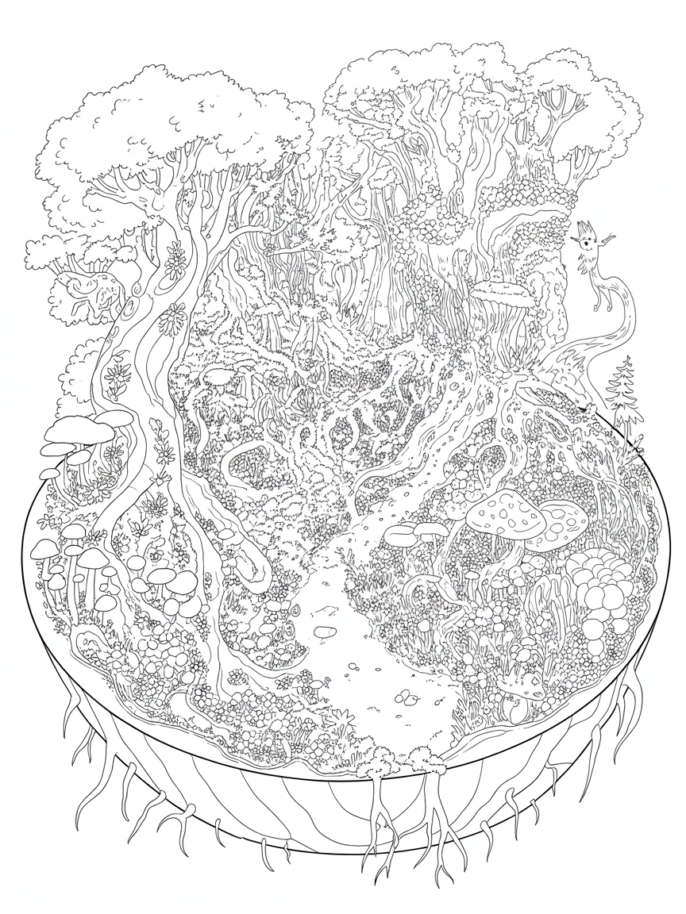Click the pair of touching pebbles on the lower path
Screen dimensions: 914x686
408,698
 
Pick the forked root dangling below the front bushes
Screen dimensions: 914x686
381,833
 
